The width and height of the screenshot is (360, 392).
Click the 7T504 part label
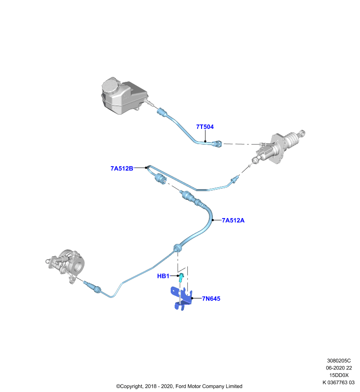(205, 127)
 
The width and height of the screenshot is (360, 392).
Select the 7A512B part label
(122, 169)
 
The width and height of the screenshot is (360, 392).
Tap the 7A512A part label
(233, 220)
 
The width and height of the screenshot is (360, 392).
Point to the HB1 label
(163, 276)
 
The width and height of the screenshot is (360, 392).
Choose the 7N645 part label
(211, 298)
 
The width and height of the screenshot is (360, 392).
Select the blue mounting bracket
(181, 298)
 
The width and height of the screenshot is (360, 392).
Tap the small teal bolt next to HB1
(181, 277)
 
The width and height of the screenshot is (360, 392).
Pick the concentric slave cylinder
(67, 265)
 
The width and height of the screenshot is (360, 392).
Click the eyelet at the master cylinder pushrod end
(302, 133)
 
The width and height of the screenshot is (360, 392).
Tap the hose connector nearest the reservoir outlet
(161, 112)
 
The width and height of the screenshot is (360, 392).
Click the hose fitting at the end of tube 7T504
(217, 144)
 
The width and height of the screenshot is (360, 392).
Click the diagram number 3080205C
(339, 361)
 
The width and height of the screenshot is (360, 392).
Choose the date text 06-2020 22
(339, 368)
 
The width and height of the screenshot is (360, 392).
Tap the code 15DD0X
(339, 375)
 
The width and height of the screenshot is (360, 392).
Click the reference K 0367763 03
(338, 382)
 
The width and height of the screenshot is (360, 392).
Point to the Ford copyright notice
(179, 386)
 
